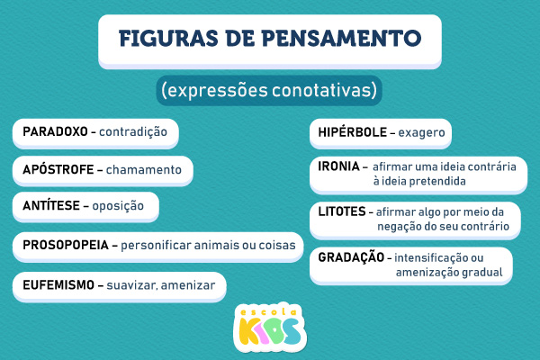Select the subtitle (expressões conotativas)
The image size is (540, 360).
[x=270, y=90]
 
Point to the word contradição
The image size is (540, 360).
[x=133, y=132]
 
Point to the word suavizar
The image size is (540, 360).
[x=134, y=285]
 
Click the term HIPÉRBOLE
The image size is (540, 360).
[x=352, y=133]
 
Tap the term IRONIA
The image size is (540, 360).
[x=338, y=167]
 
